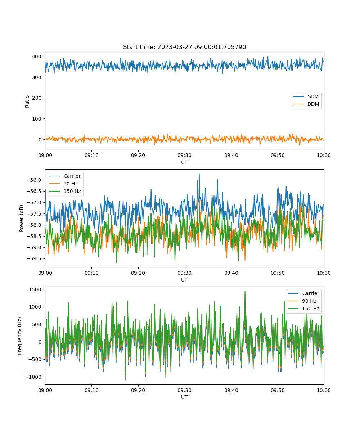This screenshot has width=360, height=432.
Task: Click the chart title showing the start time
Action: click(184, 47)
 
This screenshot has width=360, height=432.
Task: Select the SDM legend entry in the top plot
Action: click(306, 96)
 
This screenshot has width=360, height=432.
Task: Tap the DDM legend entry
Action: click(306, 104)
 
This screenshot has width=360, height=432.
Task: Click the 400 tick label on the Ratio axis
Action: click(37, 57)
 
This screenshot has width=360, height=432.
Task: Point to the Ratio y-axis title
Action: click(27, 102)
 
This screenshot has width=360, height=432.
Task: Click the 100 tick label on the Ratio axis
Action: click(37, 119)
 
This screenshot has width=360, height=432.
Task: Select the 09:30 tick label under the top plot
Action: click(185, 155)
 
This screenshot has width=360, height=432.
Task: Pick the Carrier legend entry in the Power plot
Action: click(65, 176)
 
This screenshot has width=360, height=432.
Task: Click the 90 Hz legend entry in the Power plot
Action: click(63, 184)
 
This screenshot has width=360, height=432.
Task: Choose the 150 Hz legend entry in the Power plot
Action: click(65, 191)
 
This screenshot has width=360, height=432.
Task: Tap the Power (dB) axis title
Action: click(21, 218)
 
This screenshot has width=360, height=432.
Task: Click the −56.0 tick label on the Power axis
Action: click(34, 180)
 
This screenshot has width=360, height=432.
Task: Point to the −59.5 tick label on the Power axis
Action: click(34, 258)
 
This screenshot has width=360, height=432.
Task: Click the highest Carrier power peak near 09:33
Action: click(199, 174)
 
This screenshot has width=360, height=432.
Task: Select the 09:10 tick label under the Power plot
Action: click(92, 273)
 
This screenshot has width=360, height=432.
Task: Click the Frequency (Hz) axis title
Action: click(20, 336)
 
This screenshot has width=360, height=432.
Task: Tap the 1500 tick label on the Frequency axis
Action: click(35, 289)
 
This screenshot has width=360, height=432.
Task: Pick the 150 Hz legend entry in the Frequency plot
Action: click(303, 309)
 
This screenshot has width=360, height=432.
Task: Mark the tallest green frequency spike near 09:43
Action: click(245, 291)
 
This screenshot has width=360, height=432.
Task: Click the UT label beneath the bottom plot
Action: click(184, 397)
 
